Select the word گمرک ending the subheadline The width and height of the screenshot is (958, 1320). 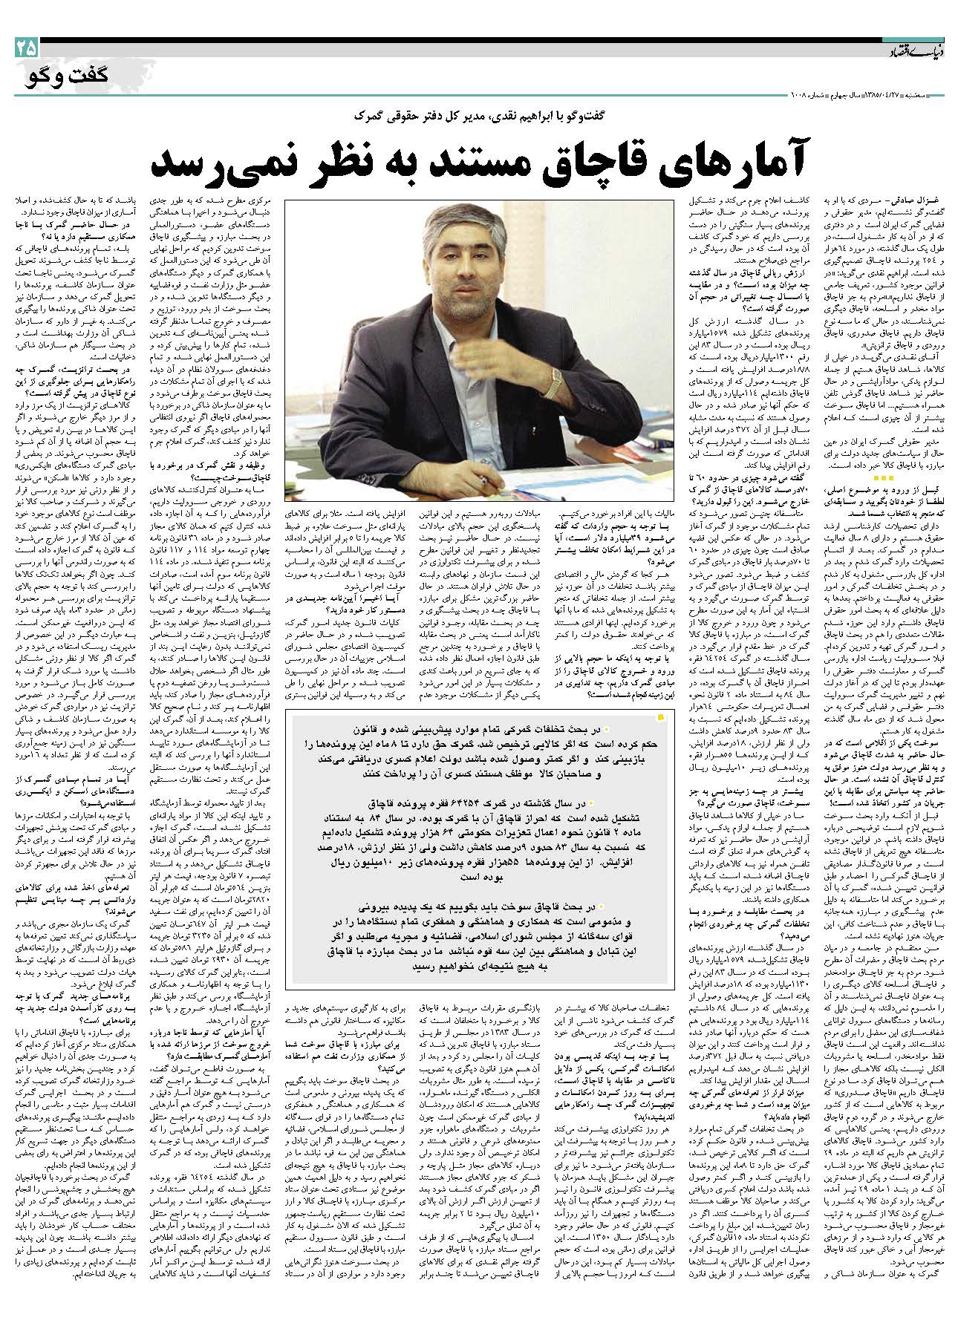(x=371, y=117)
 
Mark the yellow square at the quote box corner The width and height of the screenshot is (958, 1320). (x=660, y=716)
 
